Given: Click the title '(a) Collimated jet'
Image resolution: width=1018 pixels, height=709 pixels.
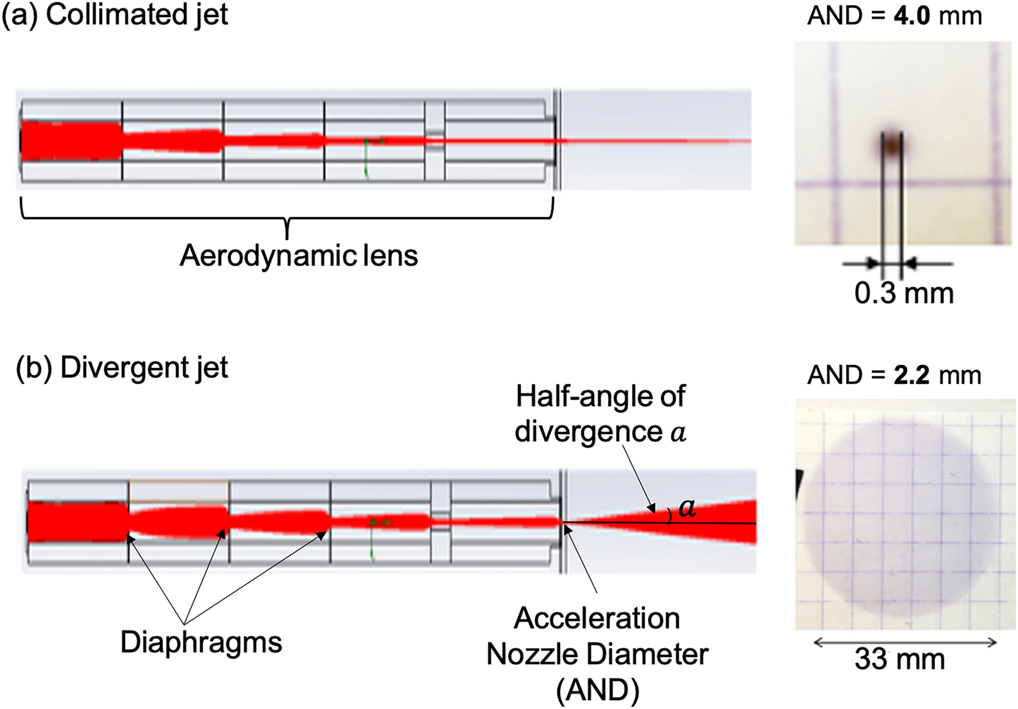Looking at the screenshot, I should click(x=115, y=15).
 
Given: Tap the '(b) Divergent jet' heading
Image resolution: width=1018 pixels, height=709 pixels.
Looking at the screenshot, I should click(x=121, y=369).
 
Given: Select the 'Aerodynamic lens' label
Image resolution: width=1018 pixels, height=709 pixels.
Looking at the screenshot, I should click(x=298, y=256).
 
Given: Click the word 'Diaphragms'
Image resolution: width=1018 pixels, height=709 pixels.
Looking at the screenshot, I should click(x=201, y=642).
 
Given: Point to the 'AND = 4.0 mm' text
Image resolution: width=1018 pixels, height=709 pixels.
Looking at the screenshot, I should click(x=894, y=16).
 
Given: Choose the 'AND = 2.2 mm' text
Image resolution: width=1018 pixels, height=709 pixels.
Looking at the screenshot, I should click(x=894, y=375).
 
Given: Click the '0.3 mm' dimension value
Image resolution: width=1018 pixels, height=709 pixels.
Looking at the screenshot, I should click(x=904, y=293).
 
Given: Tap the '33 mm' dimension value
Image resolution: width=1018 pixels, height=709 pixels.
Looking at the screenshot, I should click(x=899, y=659).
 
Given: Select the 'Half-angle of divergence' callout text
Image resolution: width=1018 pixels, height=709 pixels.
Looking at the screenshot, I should click(x=600, y=414).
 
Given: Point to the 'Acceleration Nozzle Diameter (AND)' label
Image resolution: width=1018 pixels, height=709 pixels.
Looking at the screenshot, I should click(x=597, y=654).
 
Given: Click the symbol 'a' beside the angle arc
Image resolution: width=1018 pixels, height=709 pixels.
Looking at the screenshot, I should click(x=687, y=508).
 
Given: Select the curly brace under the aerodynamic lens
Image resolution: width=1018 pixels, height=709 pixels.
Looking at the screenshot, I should click(x=287, y=218).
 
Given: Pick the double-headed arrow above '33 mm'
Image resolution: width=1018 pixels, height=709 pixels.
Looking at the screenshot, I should click(x=905, y=643).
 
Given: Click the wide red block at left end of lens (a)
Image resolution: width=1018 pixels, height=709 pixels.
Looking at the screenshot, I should click(x=70, y=141).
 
